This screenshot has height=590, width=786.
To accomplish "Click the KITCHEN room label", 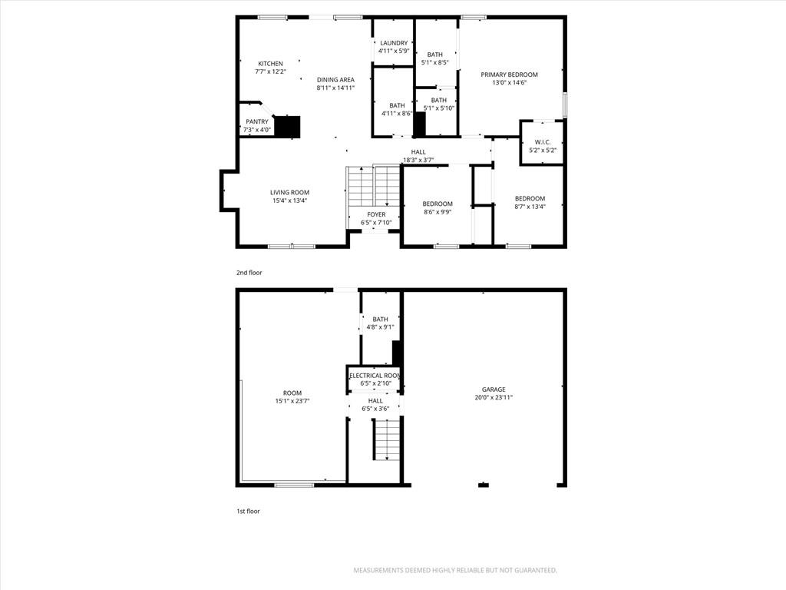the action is (270, 64).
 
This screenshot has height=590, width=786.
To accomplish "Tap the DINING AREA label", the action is (335, 80).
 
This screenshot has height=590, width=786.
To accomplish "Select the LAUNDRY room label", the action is (394, 43).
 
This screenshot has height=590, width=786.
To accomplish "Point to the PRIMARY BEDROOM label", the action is (510, 75).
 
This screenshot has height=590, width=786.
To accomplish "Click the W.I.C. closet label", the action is (543, 142).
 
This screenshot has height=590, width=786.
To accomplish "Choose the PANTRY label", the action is (257, 122).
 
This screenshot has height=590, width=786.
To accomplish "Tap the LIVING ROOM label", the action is (289, 192).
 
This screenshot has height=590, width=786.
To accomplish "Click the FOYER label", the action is (376, 215).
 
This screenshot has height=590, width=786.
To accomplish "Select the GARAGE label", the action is (494, 389).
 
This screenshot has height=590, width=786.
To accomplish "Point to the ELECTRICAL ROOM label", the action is (375, 376).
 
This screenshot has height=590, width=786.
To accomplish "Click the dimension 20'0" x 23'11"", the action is (494, 398).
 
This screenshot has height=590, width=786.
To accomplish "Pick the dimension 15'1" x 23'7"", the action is (292, 401).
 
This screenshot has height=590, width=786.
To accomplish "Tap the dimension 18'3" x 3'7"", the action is (418, 161).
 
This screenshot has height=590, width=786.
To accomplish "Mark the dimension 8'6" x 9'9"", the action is (438, 212).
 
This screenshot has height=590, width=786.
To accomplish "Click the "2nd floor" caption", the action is (249, 273).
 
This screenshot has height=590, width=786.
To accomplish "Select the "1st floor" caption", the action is (248, 511).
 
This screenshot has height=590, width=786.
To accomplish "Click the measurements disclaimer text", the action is (455, 571).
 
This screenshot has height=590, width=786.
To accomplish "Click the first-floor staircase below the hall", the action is (387, 439).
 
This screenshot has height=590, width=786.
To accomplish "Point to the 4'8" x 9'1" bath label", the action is (380, 323).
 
